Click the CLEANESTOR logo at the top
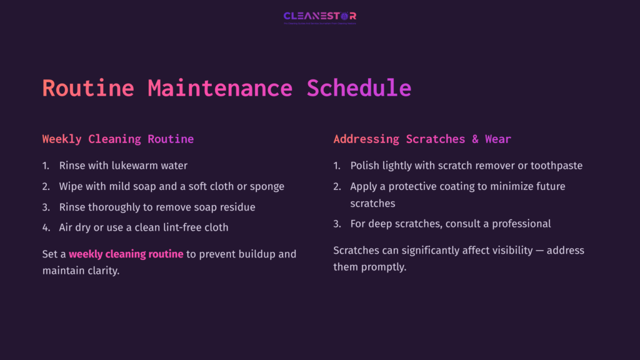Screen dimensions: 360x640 pyautogui.click(x=319, y=16)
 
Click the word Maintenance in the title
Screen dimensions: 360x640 pyautogui.click(x=220, y=88)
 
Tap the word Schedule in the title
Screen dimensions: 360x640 pyautogui.click(x=359, y=88)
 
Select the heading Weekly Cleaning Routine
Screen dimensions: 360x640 pyautogui.click(x=118, y=139)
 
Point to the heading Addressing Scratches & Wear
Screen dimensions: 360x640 pyautogui.click(x=422, y=139)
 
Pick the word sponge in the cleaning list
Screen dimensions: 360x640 pyautogui.click(x=268, y=186)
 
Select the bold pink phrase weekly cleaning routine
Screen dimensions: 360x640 pyautogui.click(x=126, y=254)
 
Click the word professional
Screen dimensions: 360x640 pyautogui.click(x=521, y=223)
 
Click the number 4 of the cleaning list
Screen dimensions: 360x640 pyautogui.click(x=46, y=227)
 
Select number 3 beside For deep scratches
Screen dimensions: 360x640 pyautogui.click(x=337, y=223)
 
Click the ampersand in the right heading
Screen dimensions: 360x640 pyautogui.click(x=475, y=139)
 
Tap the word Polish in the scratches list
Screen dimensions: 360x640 pyautogui.click(x=364, y=166)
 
